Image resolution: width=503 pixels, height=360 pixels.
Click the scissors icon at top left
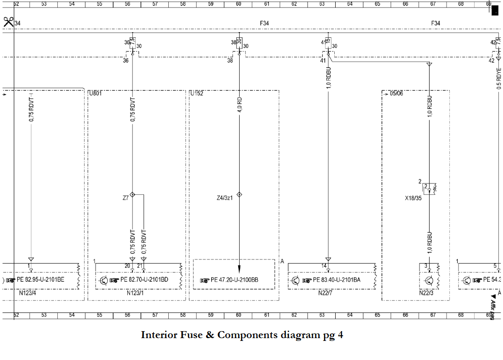[8, 21]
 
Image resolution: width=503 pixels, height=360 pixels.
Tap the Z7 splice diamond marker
[132, 195]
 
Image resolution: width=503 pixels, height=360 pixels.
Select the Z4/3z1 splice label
[225, 198]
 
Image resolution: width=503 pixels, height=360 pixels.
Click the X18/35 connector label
[413, 197]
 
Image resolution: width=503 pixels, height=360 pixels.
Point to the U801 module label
[95, 93]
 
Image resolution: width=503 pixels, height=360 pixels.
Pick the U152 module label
[196, 93]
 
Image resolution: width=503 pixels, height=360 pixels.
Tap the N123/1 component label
[135, 293]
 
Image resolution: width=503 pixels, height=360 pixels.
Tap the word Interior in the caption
[159, 335]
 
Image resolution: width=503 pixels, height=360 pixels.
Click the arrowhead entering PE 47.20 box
[240, 269]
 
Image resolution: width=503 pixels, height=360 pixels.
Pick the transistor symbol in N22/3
[429, 280]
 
